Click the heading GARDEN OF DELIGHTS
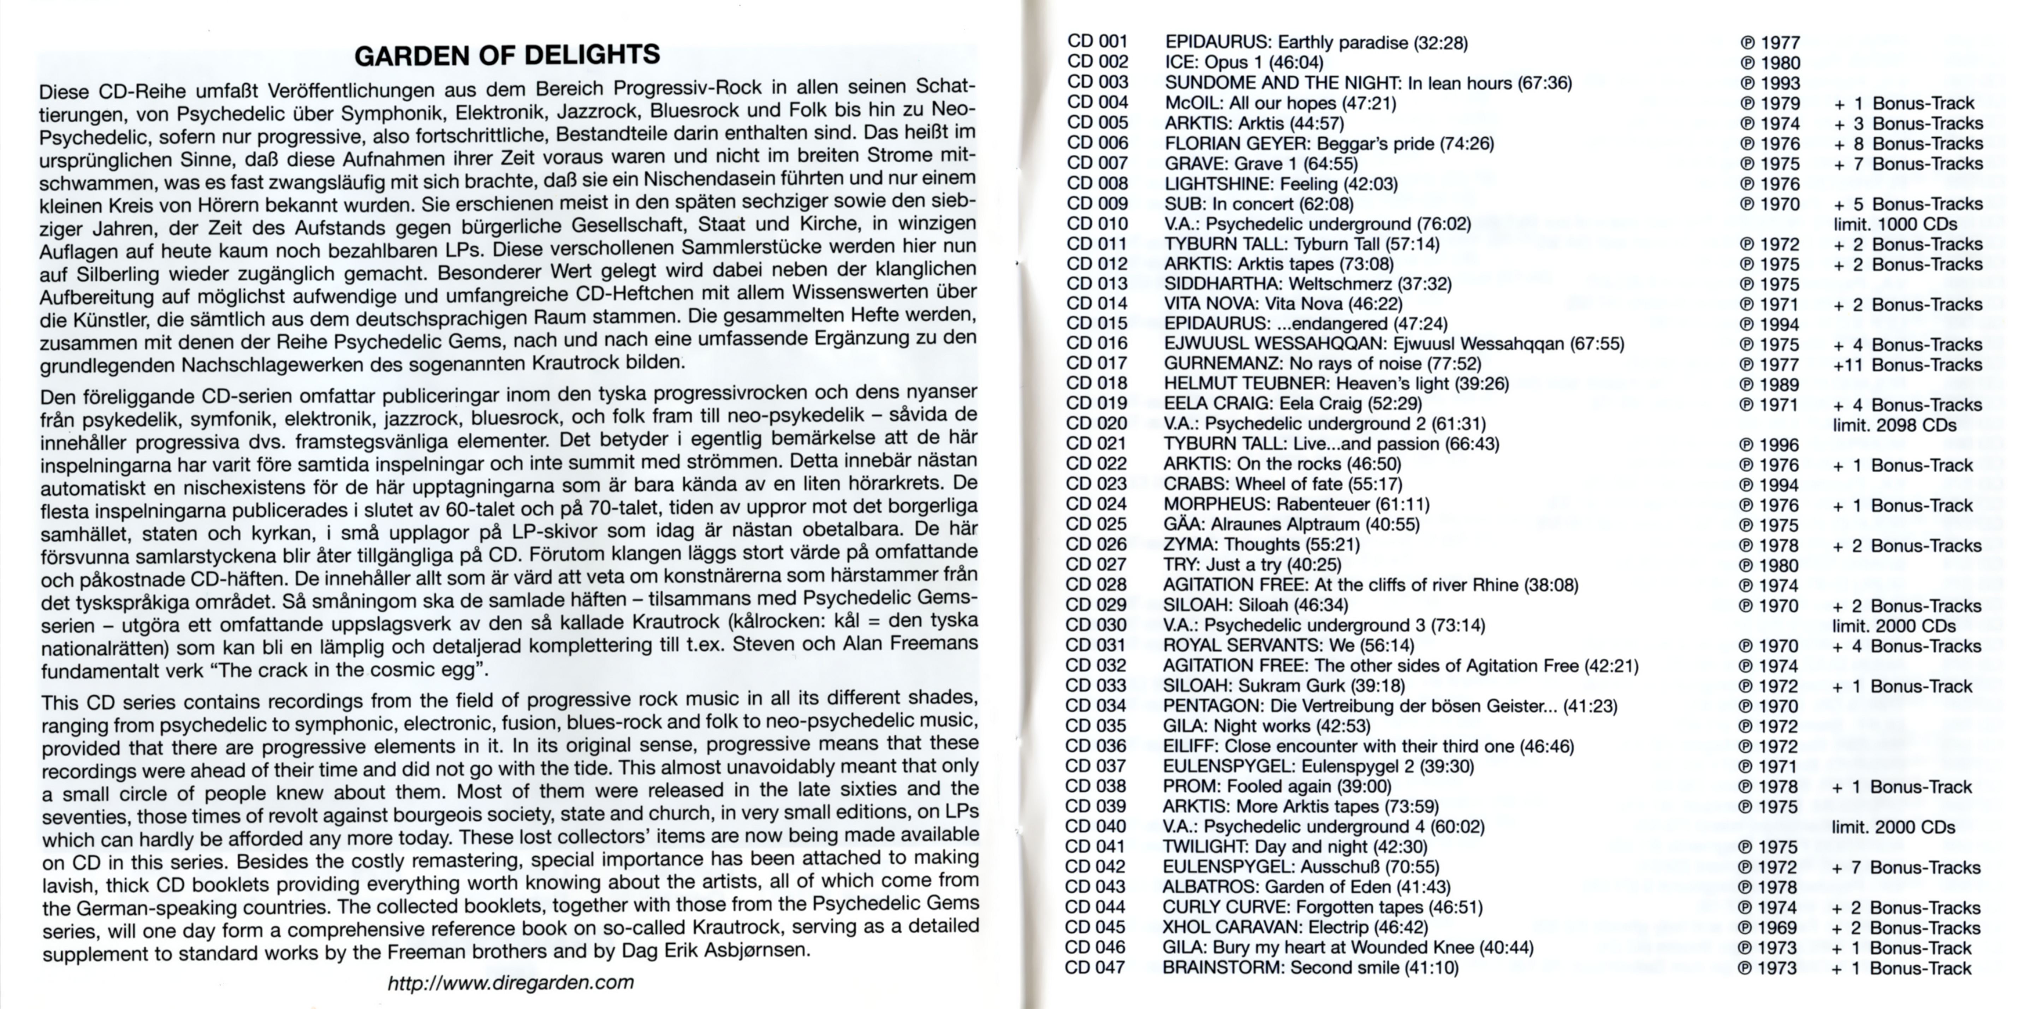(x=507, y=55)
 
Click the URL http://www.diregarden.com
(x=510, y=983)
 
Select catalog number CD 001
(x=1097, y=42)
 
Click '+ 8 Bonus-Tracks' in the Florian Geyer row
(x=1908, y=143)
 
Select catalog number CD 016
(x=1097, y=343)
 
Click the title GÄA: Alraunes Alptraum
(x=1291, y=524)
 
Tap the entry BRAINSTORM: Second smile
(x=1311, y=967)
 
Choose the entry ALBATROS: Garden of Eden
(x=1307, y=887)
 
